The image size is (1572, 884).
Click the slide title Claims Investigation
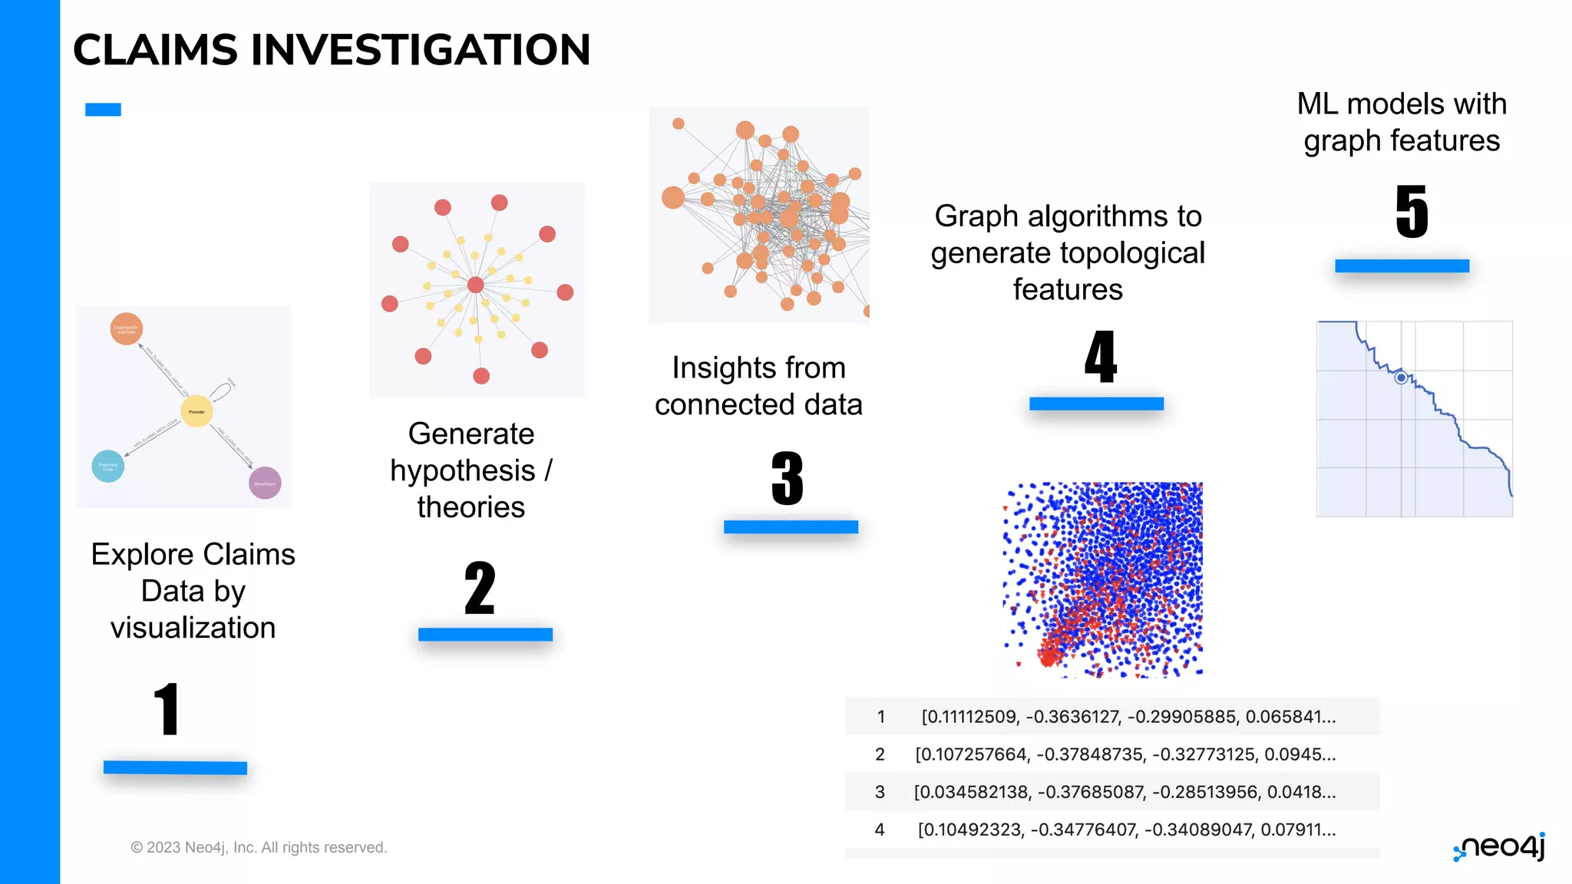(332, 50)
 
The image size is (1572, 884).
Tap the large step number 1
(167, 709)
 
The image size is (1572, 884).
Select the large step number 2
(480, 588)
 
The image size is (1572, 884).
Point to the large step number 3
(788, 479)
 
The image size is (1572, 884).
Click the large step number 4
(1100, 357)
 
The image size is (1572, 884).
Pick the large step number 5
(1412, 212)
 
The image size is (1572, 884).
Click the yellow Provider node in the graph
(196, 411)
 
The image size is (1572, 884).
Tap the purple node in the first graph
(265, 483)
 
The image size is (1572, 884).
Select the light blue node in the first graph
(108, 466)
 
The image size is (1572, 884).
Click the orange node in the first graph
(127, 329)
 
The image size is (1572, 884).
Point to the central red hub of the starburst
(476, 285)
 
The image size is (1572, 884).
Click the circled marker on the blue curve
(1401, 378)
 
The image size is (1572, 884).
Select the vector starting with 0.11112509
(1128, 717)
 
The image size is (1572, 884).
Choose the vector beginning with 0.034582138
(1125, 792)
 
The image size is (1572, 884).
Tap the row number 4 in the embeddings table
(880, 830)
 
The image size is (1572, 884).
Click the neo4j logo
(1500, 846)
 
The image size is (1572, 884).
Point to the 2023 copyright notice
(259, 847)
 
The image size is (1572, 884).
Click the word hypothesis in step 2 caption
(462, 470)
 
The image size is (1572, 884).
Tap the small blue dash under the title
(103, 110)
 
